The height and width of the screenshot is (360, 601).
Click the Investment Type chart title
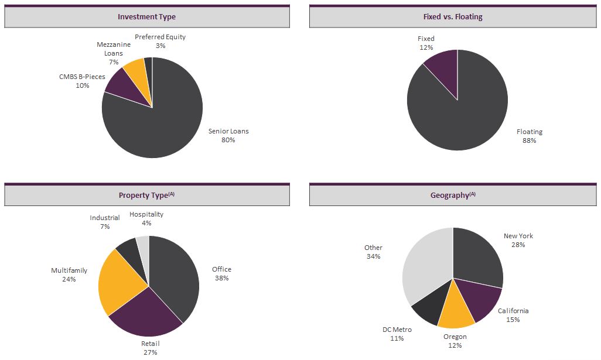(x=146, y=17)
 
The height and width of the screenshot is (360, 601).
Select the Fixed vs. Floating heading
(x=453, y=17)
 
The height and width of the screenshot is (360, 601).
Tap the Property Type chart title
(x=146, y=195)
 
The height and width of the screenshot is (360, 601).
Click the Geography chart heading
(x=453, y=195)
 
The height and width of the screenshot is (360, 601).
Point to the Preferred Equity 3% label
(x=160, y=41)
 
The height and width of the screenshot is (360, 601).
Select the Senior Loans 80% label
(x=228, y=135)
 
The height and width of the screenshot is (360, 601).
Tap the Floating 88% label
(x=530, y=136)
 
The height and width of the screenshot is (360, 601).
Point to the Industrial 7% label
(x=105, y=222)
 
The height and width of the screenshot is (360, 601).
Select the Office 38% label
(x=221, y=273)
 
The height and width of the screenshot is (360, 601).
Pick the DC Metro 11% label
(x=397, y=334)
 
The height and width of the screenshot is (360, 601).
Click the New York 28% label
(x=518, y=240)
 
